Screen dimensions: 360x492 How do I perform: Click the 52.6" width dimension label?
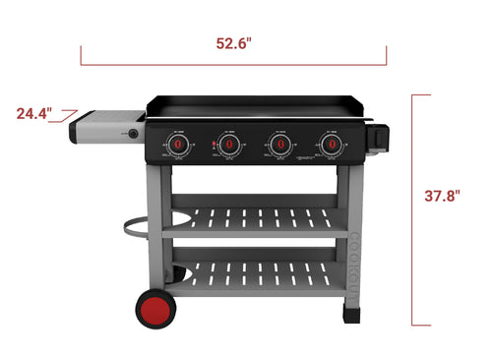pos(234,42)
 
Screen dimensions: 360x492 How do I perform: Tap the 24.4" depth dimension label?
pos(33,113)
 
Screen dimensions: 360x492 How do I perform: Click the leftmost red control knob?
pos(179,145)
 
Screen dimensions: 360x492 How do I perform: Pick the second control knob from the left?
pos(229,145)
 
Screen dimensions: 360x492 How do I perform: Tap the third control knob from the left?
pos(279,145)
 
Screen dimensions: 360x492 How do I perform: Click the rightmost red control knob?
pos(329,145)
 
